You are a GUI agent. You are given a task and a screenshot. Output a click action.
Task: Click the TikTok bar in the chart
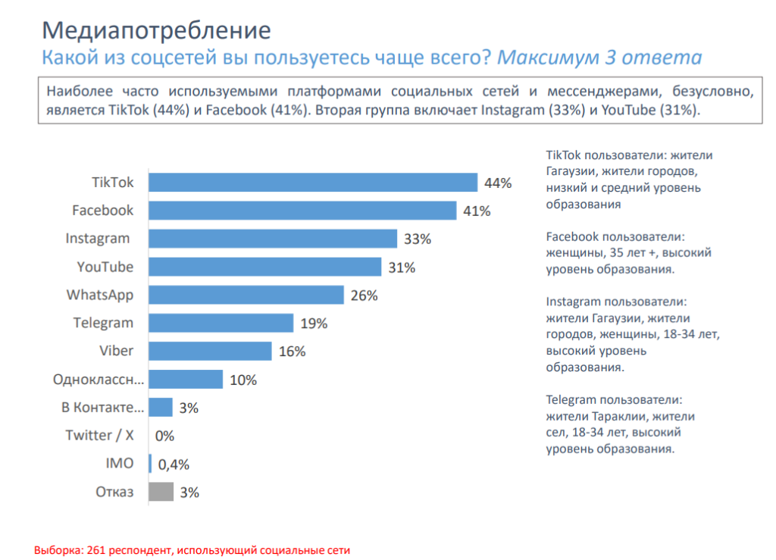(312, 183)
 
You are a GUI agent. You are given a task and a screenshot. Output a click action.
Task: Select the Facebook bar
(302, 211)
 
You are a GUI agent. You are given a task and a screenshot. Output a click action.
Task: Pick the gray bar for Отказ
(161, 492)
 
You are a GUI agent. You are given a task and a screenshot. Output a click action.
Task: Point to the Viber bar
(209, 351)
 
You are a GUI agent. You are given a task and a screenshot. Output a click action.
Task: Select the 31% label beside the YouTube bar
(402, 267)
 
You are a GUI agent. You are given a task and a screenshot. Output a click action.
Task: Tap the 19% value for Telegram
(314, 324)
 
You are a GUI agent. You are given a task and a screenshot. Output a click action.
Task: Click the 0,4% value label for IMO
(174, 465)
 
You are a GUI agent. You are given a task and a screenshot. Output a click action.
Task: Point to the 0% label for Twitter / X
(164, 436)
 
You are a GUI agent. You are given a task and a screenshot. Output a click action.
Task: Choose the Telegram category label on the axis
(103, 323)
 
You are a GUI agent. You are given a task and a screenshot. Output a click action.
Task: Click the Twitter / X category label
(99, 435)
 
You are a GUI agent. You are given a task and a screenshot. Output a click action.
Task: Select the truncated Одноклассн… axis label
(99, 379)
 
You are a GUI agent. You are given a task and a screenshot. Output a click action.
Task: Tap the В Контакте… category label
(102, 408)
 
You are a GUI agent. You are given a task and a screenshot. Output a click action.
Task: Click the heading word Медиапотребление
(155, 30)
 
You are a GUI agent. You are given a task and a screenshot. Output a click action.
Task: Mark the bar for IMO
(150, 464)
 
